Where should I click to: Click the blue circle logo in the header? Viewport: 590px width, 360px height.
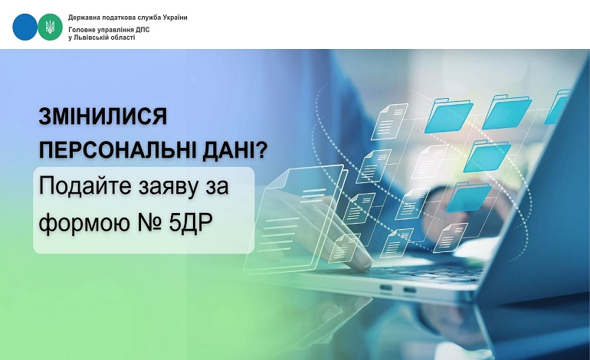click(25, 27)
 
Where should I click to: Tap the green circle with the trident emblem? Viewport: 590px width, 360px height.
click(50, 27)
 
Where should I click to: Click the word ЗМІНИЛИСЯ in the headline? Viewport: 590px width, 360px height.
click(103, 116)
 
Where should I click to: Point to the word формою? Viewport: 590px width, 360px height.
click(82, 222)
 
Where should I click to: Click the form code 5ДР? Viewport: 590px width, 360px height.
click(190, 222)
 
